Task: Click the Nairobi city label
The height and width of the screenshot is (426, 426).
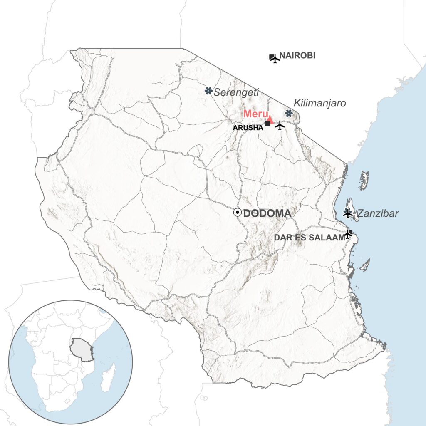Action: tap(297, 55)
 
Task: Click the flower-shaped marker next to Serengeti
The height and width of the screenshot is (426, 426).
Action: tap(208, 91)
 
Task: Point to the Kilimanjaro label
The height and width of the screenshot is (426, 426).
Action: tap(320, 103)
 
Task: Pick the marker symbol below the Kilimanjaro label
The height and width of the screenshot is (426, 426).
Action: tap(289, 113)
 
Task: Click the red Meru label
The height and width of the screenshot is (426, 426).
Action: tap(255, 113)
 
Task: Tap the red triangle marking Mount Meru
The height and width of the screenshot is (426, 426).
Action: tap(270, 120)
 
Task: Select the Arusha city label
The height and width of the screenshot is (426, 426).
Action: tap(248, 128)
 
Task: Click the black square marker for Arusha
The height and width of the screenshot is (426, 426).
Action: tap(267, 124)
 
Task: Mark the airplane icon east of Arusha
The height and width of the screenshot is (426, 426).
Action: tap(280, 125)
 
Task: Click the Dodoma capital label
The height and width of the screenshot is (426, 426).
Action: tap(267, 214)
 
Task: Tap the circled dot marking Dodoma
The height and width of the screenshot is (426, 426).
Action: tap(237, 213)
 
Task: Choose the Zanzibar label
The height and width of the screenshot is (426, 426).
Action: tap(378, 214)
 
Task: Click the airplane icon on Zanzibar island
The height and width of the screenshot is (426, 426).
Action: tap(348, 214)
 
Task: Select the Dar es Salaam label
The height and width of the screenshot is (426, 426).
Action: tap(309, 237)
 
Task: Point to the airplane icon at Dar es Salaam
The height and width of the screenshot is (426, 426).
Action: tap(348, 235)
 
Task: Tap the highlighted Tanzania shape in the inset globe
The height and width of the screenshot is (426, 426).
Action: tap(81, 350)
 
